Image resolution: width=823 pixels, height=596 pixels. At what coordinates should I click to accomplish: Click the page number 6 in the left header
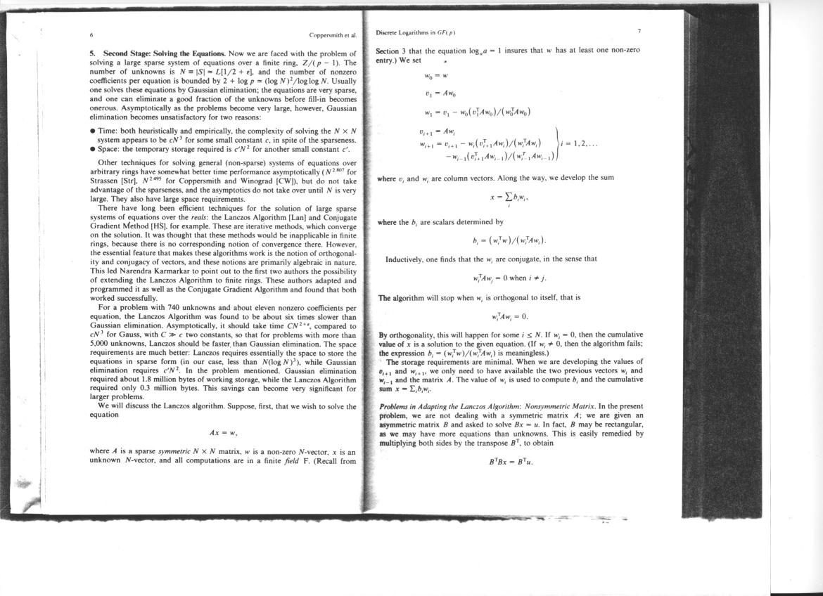[x=91, y=34]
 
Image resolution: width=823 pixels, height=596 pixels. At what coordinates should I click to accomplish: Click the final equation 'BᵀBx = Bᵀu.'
[x=511, y=462]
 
